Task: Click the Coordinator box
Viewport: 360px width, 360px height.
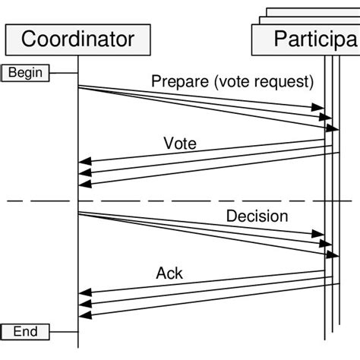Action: [78, 39]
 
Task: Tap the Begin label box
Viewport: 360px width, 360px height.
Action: [26, 73]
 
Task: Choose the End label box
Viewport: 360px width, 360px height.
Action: [26, 332]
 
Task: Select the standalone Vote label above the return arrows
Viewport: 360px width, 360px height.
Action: [179, 142]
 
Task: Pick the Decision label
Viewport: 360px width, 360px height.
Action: [257, 216]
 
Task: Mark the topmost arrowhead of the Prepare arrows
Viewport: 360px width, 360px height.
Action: [320, 109]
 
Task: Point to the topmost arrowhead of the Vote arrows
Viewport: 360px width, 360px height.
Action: [85, 161]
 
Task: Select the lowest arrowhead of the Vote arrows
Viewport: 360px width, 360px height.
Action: [85, 183]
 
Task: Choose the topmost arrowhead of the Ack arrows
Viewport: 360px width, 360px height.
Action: [85, 292]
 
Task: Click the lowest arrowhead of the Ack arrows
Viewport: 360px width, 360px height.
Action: [85, 314]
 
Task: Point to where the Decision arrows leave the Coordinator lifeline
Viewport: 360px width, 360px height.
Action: [79, 213]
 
